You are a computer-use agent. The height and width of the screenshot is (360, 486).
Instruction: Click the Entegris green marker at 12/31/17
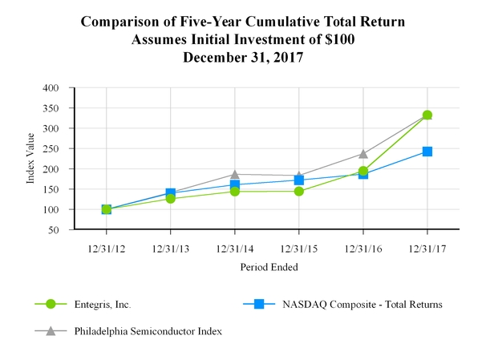[x=427, y=115]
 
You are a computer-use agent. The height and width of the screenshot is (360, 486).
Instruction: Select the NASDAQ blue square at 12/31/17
[x=427, y=152]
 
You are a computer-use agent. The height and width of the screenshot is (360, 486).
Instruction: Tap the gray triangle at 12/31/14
[x=234, y=174]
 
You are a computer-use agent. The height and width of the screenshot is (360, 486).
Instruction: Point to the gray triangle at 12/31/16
[x=363, y=153]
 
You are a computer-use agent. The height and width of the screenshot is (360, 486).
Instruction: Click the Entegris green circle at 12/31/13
[x=170, y=198]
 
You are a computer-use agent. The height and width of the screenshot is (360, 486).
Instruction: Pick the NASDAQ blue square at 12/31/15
[x=298, y=180]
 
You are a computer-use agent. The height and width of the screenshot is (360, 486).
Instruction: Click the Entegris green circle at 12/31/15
[x=298, y=191]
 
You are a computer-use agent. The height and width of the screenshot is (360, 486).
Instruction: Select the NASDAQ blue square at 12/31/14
[x=234, y=184]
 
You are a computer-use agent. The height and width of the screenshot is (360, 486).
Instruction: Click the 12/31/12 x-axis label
[x=106, y=247]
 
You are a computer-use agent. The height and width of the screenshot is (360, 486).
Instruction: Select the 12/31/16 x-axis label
[x=363, y=247]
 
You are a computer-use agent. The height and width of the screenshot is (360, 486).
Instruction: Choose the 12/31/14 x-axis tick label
[x=234, y=247]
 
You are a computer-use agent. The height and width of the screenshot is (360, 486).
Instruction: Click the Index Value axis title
[x=31, y=158]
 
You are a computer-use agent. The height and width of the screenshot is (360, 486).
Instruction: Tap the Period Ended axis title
[x=267, y=267]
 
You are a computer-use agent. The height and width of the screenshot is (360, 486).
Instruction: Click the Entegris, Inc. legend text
[x=102, y=305]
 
